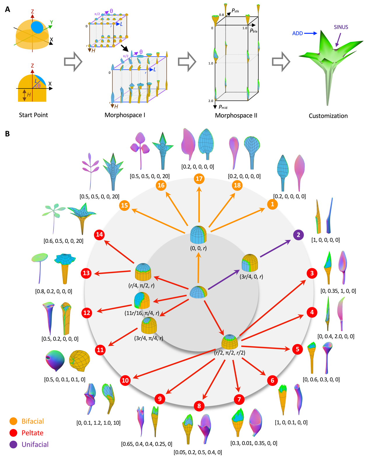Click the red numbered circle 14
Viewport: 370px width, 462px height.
pos(99,235)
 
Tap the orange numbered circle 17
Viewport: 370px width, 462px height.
pos(199,179)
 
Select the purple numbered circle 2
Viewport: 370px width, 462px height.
pos(298,235)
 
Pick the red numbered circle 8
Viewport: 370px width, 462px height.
pos(199,406)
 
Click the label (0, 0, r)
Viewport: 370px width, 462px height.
pos(198,248)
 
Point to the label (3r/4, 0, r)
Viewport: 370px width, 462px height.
pos(251,277)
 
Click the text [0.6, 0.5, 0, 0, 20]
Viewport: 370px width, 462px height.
pos(63,241)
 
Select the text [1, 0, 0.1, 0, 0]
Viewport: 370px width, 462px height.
pos(291,422)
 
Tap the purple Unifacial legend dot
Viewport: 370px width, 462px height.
pos(13,445)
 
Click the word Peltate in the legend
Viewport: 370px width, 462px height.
pos(32,433)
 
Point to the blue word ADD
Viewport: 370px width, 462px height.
pos(297,34)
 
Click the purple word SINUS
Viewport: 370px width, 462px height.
pos(341,27)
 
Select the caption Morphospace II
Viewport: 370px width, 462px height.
pos(236,115)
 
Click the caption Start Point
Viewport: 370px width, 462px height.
pos(33,115)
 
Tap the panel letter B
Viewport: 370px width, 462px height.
pos(8,133)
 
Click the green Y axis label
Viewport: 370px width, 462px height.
pos(51,22)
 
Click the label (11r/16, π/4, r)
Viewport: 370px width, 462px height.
pos(142,313)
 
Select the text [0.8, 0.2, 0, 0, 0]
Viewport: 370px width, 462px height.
pos(53,291)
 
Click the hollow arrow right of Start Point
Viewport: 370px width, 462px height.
pos(73,62)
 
